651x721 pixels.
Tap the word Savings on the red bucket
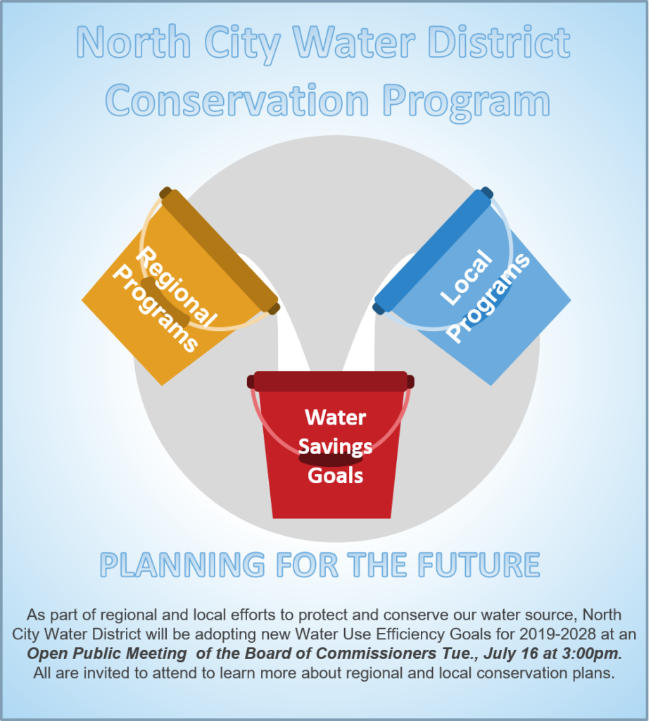coord(336,446)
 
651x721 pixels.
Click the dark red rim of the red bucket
coord(331,382)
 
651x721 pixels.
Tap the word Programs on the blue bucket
coord(488,299)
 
